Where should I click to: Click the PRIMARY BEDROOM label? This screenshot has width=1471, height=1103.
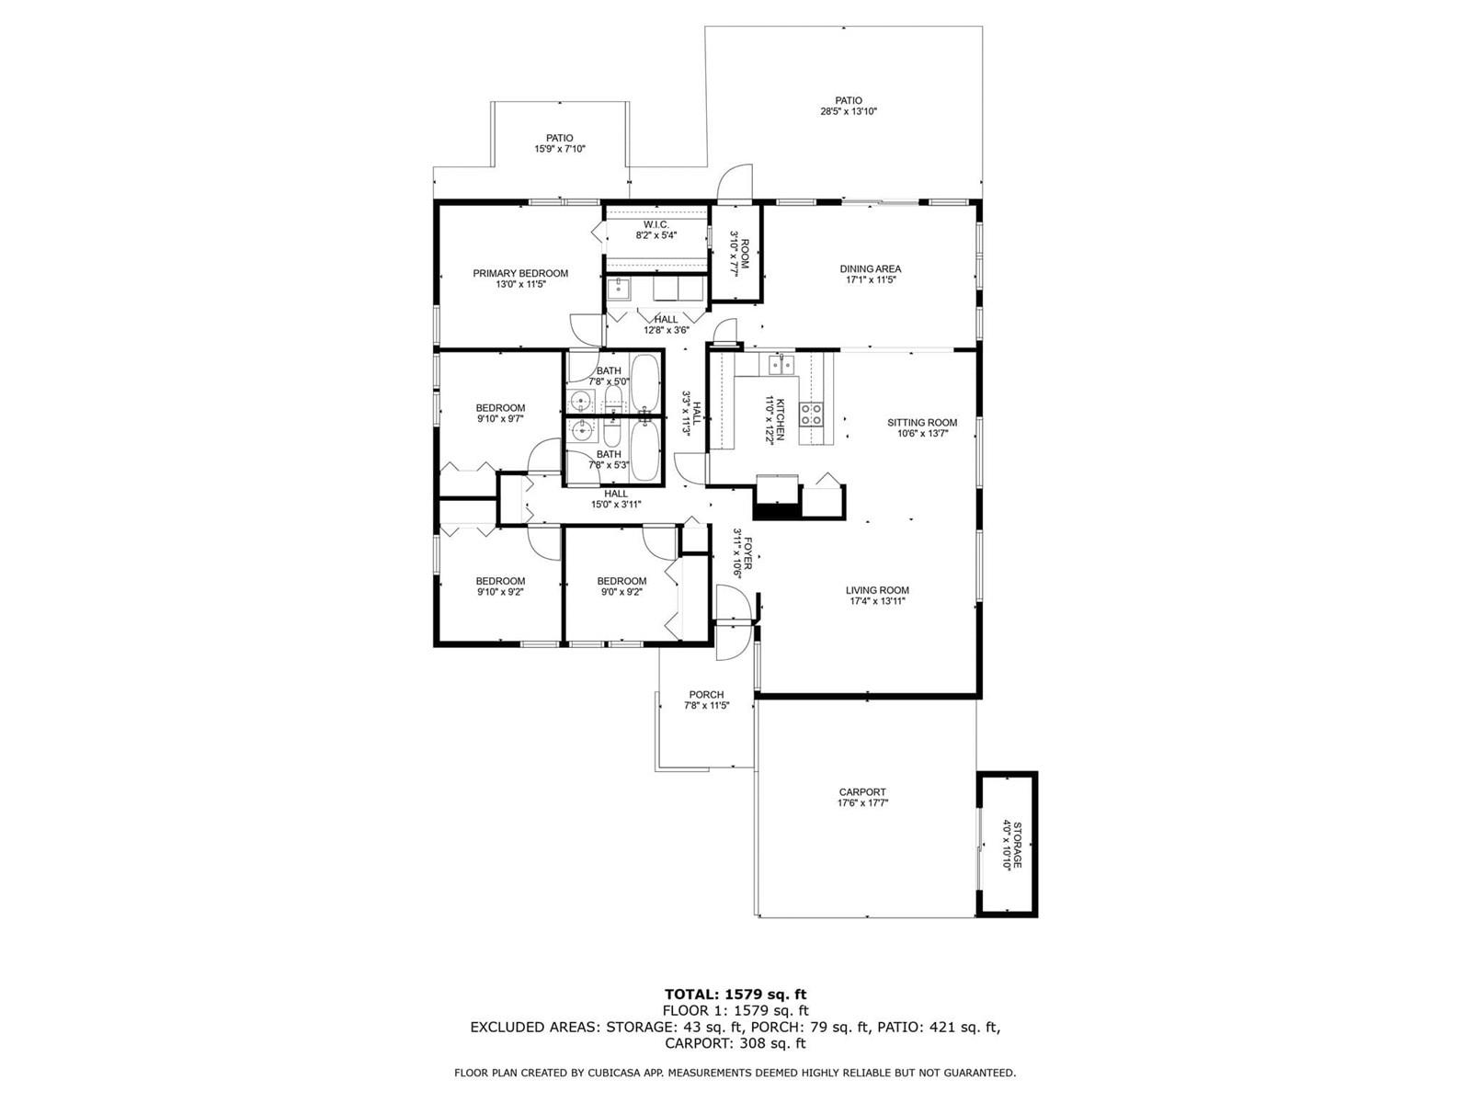click(520, 273)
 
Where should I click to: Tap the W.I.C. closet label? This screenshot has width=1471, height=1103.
click(656, 224)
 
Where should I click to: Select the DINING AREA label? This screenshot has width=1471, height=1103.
click(870, 269)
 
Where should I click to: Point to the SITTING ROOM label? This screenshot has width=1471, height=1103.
click(922, 423)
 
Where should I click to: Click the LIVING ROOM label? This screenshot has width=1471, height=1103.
click(876, 590)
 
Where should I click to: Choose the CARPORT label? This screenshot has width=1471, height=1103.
click(862, 791)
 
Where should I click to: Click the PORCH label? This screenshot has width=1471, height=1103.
click(706, 695)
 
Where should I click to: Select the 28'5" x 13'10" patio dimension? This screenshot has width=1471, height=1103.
click(849, 112)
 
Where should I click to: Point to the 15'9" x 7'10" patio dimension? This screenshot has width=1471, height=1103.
click(560, 149)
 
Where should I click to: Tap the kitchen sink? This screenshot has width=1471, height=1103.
click(781, 364)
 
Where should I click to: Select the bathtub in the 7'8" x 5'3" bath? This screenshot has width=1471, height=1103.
click(645, 449)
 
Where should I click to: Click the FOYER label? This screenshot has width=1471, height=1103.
click(747, 553)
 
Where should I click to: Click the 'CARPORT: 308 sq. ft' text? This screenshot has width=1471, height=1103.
click(735, 1043)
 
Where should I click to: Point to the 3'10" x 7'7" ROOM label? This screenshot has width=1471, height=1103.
click(738, 254)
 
